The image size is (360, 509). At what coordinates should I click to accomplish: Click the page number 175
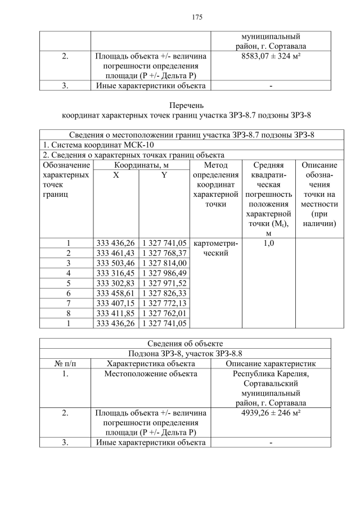pos(197,17)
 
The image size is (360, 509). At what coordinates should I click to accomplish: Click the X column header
pos(116,175)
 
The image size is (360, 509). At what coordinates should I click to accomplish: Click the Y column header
pos(164,175)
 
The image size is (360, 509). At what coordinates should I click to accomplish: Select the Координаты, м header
pos(141,165)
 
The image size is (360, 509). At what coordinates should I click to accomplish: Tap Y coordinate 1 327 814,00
pos(164,263)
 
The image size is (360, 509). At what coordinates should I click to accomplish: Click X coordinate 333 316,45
pos(116,273)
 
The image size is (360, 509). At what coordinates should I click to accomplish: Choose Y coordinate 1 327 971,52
pos(164,283)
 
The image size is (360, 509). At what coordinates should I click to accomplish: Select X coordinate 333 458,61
pos(116,293)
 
